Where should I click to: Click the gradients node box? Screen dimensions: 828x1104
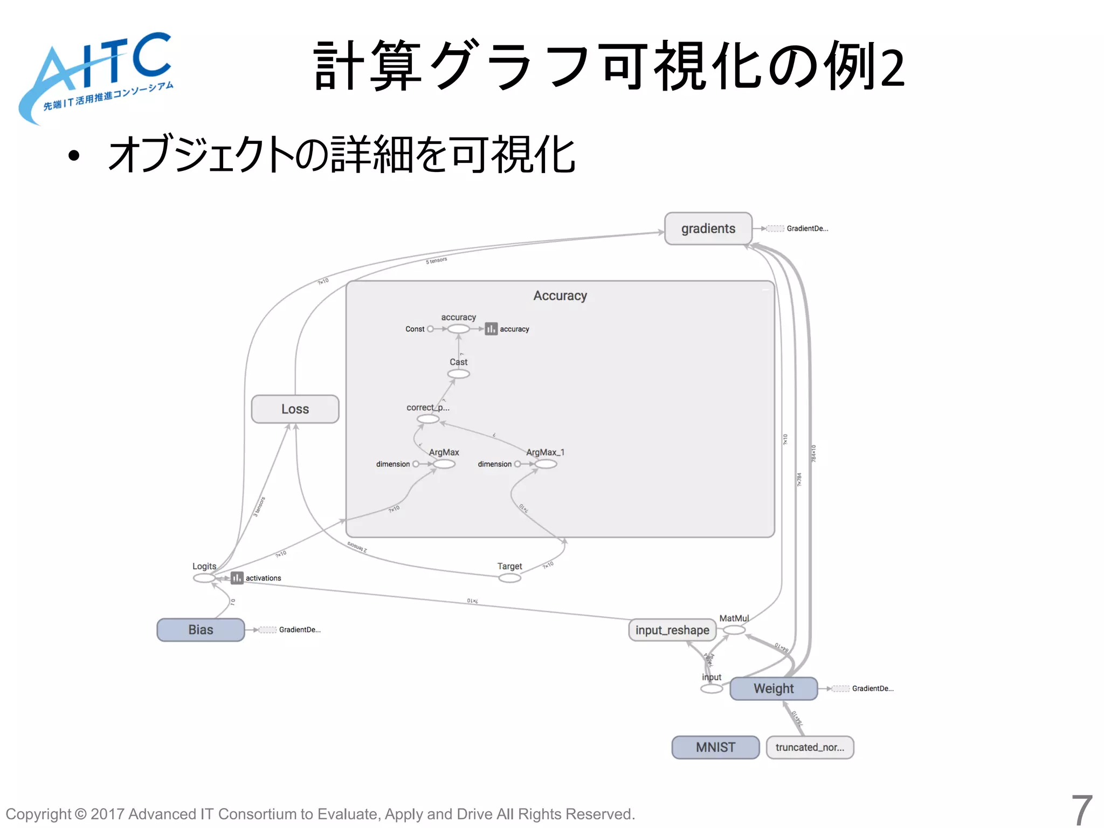pyautogui.click(x=708, y=229)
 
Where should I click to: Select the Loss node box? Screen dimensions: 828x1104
pyautogui.click(x=295, y=409)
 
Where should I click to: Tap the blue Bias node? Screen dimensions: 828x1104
pyautogui.click(x=201, y=630)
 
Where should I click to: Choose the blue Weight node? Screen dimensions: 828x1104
pyautogui.click(x=773, y=688)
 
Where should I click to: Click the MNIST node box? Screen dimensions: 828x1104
pyautogui.click(x=715, y=747)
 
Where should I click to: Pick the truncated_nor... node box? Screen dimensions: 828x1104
pyautogui.click(x=810, y=747)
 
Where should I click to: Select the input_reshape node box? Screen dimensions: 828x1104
pyautogui.click(x=672, y=630)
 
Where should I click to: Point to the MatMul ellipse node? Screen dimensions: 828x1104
pyautogui.click(x=734, y=630)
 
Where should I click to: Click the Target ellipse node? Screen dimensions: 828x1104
pyautogui.click(x=509, y=578)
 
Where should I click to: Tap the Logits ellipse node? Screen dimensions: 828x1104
pyautogui.click(x=204, y=578)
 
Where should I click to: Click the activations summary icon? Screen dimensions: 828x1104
pyautogui.click(x=237, y=578)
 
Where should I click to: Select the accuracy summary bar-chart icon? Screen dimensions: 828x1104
pyautogui.click(x=491, y=329)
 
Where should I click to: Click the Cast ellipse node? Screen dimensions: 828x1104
pyautogui.click(x=458, y=374)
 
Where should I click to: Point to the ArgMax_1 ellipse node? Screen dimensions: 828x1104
pyautogui.click(x=546, y=464)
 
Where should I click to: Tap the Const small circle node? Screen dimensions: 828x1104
pyautogui.click(x=430, y=329)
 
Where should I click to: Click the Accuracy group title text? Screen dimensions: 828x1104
pyautogui.click(x=560, y=295)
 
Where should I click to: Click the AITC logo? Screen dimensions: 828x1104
pyautogui.click(x=97, y=75)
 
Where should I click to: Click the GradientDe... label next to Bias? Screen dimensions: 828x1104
pyautogui.click(x=300, y=630)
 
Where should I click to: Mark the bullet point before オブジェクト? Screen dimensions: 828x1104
pyautogui.click(x=74, y=156)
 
